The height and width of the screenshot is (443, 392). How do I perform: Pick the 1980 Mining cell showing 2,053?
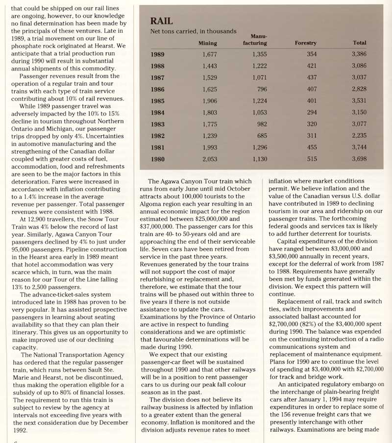pyautogui.click(x=209, y=159)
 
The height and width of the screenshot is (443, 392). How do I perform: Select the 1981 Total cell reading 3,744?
pyautogui.click(x=359, y=148)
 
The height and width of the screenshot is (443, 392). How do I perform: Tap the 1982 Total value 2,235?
pyautogui.click(x=359, y=136)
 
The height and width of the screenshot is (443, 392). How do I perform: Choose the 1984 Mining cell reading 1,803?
pyautogui.click(x=209, y=113)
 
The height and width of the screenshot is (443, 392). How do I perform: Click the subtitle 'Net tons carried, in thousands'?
pyautogui.click(x=193, y=31)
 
